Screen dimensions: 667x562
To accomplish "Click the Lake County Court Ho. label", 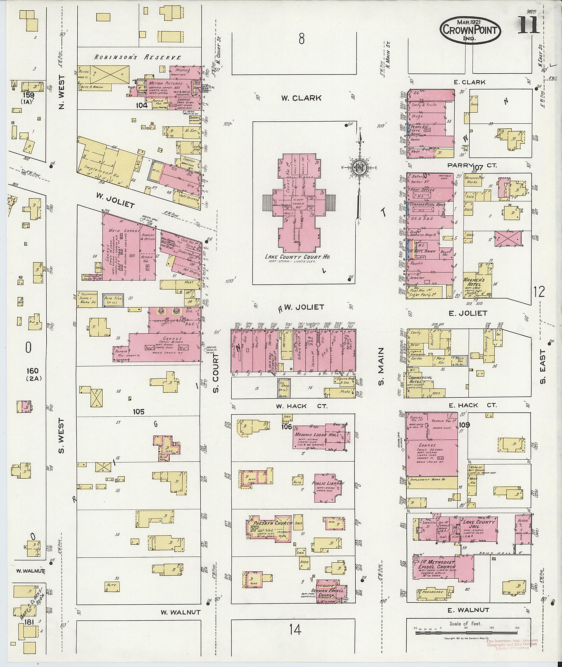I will (297, 257).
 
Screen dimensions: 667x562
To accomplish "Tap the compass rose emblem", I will (359, 167).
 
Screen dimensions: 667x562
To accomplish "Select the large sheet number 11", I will (528, 26).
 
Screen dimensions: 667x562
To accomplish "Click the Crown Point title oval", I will (470, 30).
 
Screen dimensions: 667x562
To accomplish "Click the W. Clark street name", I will (301, 98).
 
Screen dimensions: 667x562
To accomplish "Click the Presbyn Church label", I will (272, 523).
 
